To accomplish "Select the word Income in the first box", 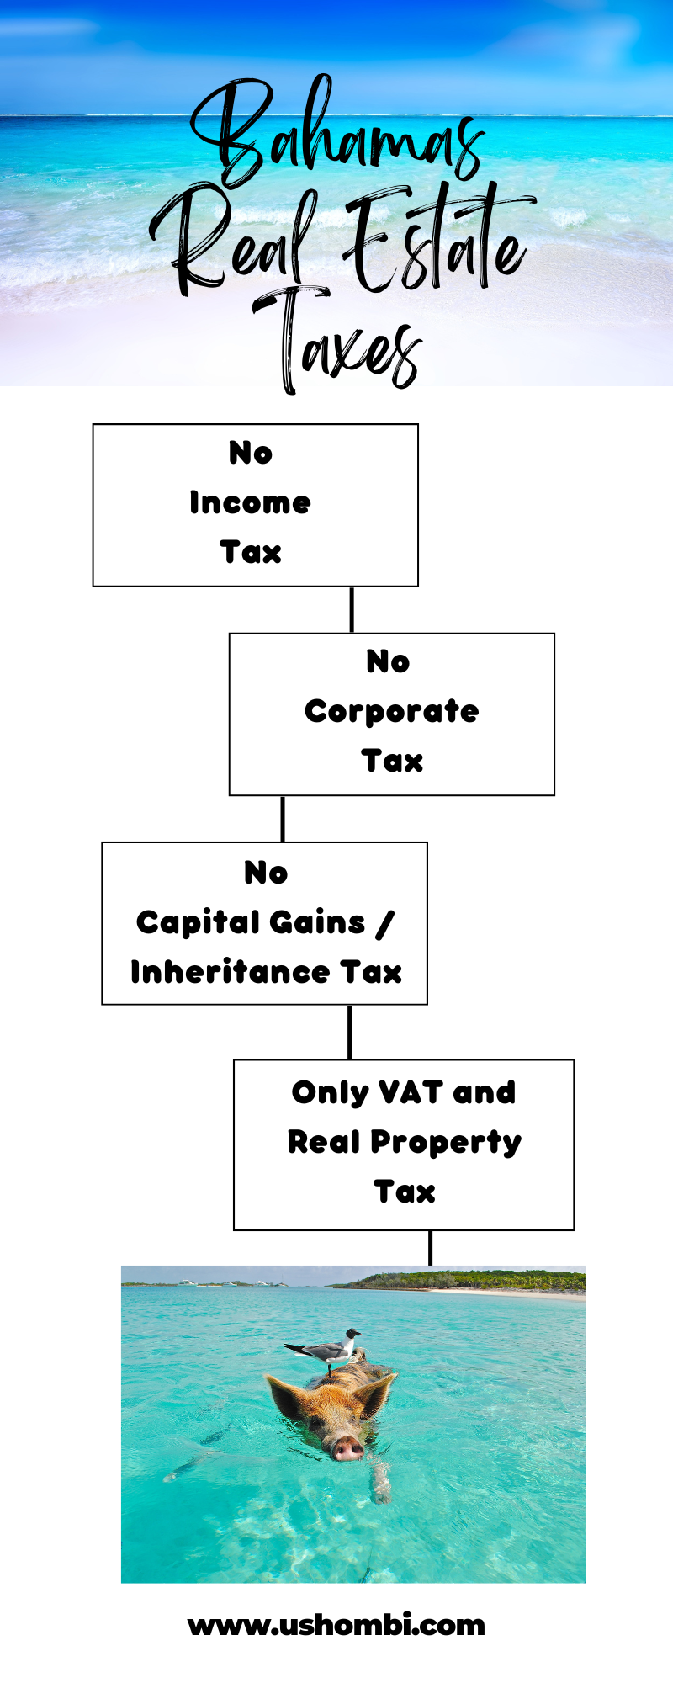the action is pyautogui.click(x=250, y=502).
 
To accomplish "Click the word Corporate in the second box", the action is pyautogui.click(x=391, y=712).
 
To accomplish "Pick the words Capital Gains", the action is pyautogui.click(x=251, y=922).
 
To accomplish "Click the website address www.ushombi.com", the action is pyautogui.click(x=336, y=1625).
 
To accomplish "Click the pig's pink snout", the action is pyautogui.click(x=347, y=1447).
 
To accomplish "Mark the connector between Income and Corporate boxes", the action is pyautogui.click(x=352, y=610).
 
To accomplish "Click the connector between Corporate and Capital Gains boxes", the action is pyautogui.click(x=283, y=819).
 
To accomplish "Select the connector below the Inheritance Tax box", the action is pyautogui.click(x=350, y=1032).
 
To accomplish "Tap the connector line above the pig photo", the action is pyautogui.click(x=431, y=1248).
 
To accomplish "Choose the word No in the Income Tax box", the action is pyautogui.click(x=251, y=453).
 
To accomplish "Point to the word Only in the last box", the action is pyautogui.click(x=331, y=1093).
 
